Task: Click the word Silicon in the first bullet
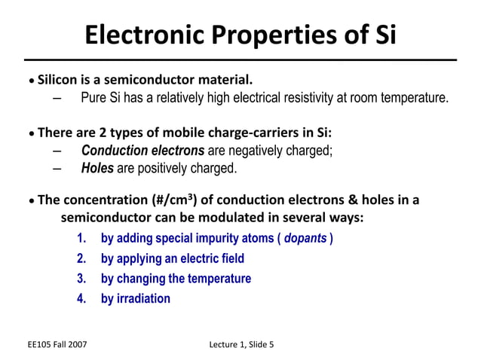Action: (64, 80)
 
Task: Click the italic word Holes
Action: (97, 168)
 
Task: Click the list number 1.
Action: (81, 239)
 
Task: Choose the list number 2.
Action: (81, 258)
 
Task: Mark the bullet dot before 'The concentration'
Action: (31, 202)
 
